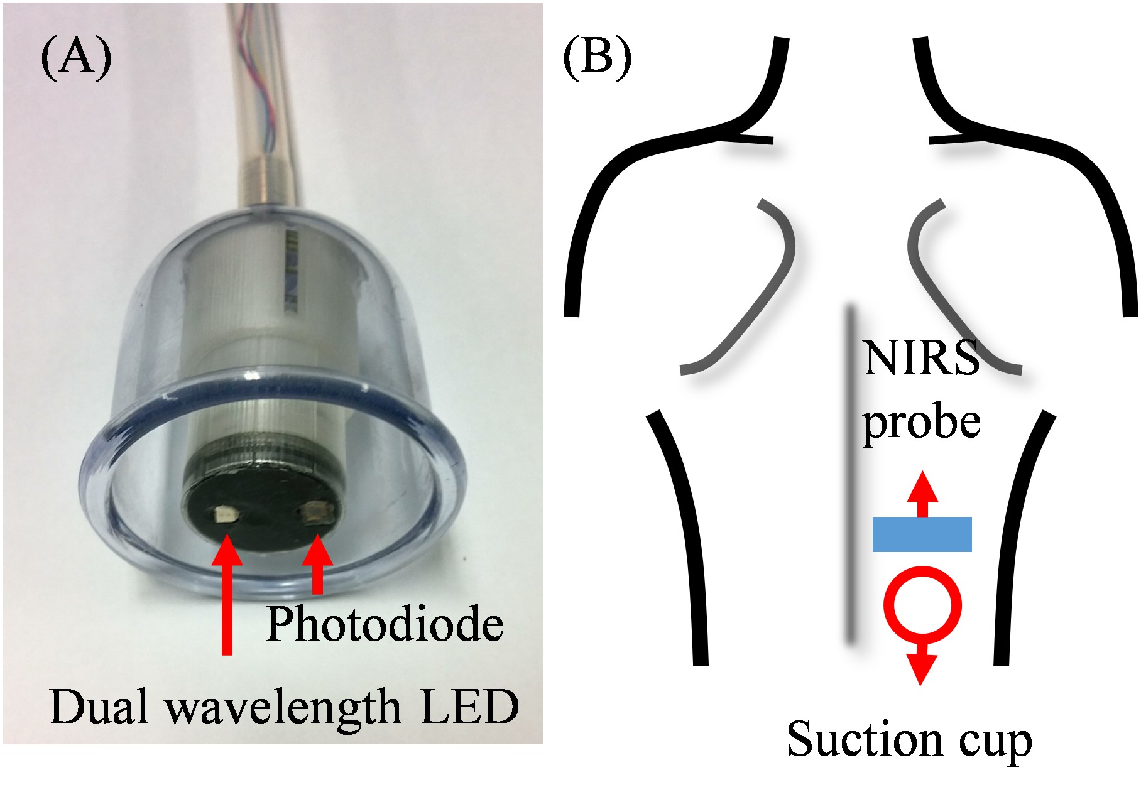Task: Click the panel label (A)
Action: (76, 58)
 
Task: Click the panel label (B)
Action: (597, 58)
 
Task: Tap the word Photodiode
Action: (385, 624)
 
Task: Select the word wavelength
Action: (283, 708)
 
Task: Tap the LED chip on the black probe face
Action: (223, 516)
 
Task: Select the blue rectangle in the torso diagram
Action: (922, 534)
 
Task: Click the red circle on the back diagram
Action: (922, 605)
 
